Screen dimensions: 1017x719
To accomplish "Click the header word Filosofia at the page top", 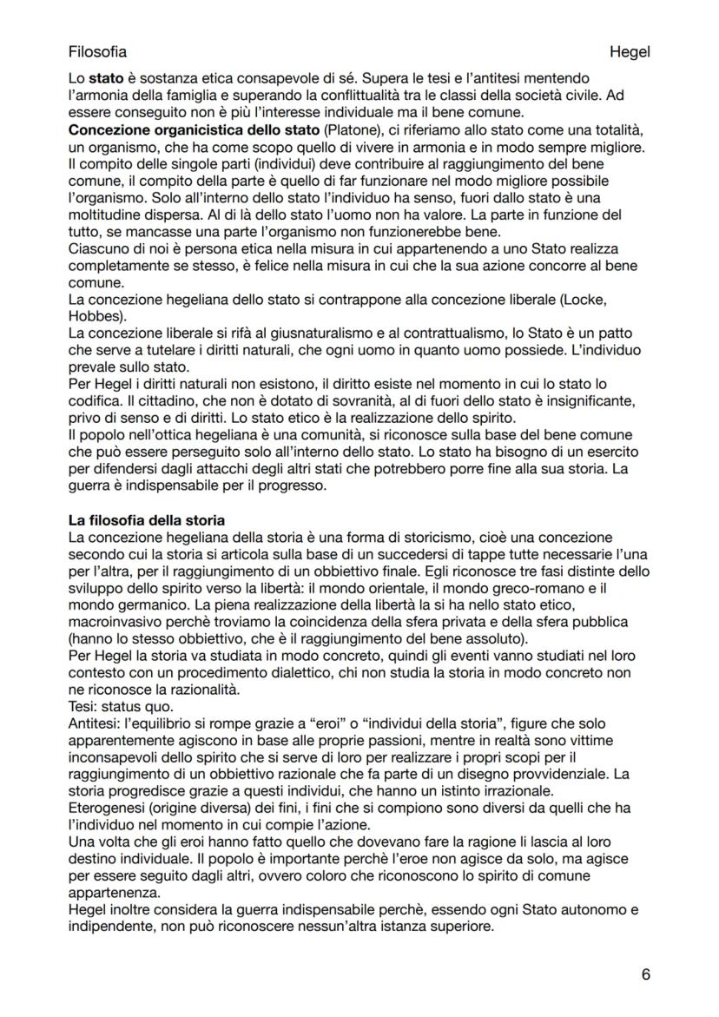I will tap(97, 52).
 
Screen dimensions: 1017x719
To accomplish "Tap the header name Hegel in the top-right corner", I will tap(630, 52).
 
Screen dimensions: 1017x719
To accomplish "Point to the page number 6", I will tap(645, 974).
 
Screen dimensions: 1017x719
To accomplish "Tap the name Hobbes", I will tap(96, 315).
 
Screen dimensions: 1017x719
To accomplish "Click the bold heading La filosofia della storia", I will tap(147, 520).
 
